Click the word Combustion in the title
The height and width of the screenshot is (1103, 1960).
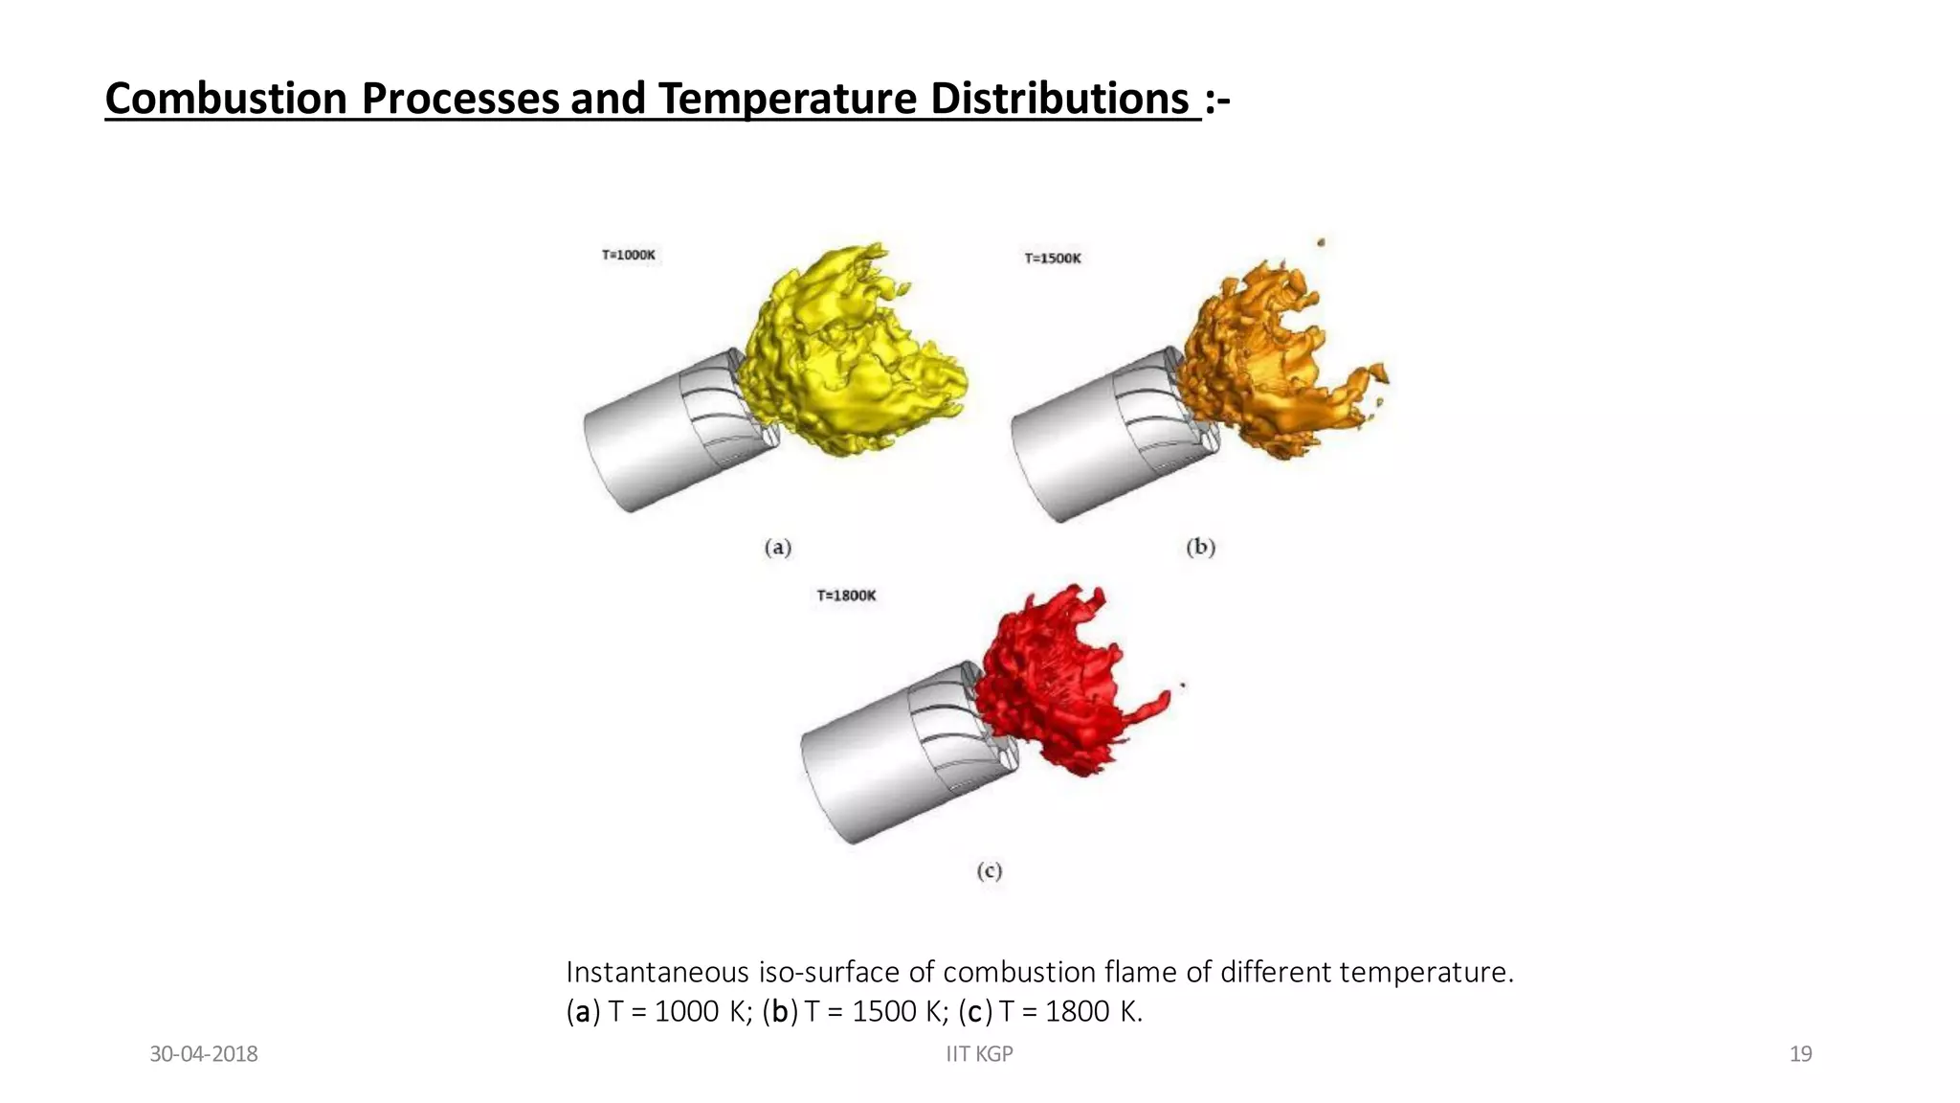226,99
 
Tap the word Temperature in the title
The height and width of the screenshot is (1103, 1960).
788,99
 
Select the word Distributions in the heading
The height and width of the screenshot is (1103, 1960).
1059,99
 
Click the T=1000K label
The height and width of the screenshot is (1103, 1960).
629,255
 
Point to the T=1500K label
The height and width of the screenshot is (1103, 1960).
1053,259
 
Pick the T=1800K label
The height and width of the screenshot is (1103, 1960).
846,596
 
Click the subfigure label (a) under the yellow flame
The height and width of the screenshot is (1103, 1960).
778,548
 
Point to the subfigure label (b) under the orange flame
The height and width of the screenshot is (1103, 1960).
1200,548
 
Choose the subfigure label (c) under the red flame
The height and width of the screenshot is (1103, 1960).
990,871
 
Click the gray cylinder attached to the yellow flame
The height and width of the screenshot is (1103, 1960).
651,440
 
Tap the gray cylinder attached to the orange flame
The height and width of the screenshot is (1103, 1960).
1081,450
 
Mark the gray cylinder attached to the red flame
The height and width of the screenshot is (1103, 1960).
871,766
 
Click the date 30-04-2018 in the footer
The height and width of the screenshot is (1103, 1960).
204,1054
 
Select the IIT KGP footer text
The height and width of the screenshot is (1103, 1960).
979,1054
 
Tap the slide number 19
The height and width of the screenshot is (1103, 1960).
1800,1054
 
